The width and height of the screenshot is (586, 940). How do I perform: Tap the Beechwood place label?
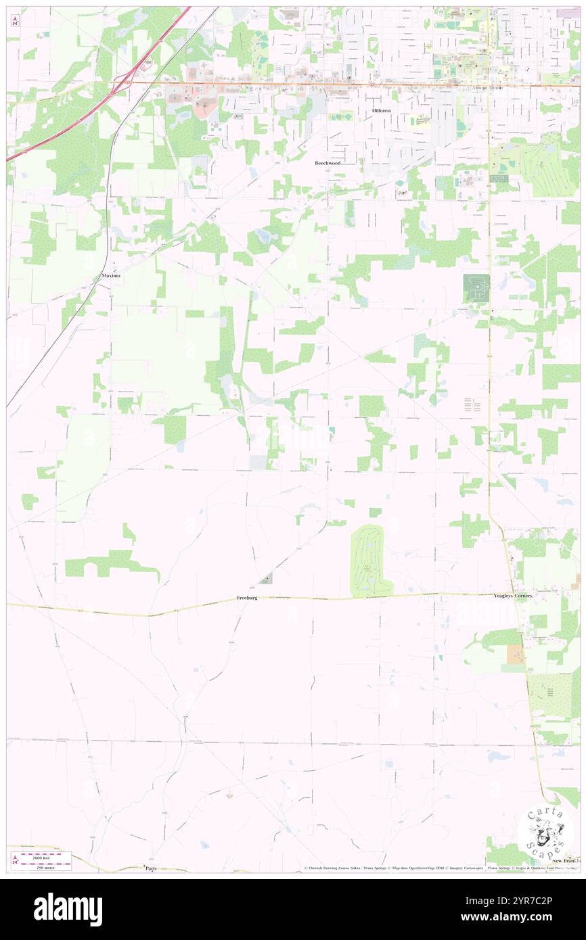(328, 163)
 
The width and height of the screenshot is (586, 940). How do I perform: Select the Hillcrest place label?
(382, 110)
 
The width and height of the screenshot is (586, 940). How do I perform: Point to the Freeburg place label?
(247, 598)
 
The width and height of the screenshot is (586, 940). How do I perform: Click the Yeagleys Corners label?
(513, 596)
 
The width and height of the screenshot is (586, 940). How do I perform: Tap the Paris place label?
(150, 868)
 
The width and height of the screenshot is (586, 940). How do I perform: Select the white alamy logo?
(68, 909)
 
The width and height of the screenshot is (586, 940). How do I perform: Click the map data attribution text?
(440, 868)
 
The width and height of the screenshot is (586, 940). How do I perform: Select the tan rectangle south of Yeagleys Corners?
(516, 654)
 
